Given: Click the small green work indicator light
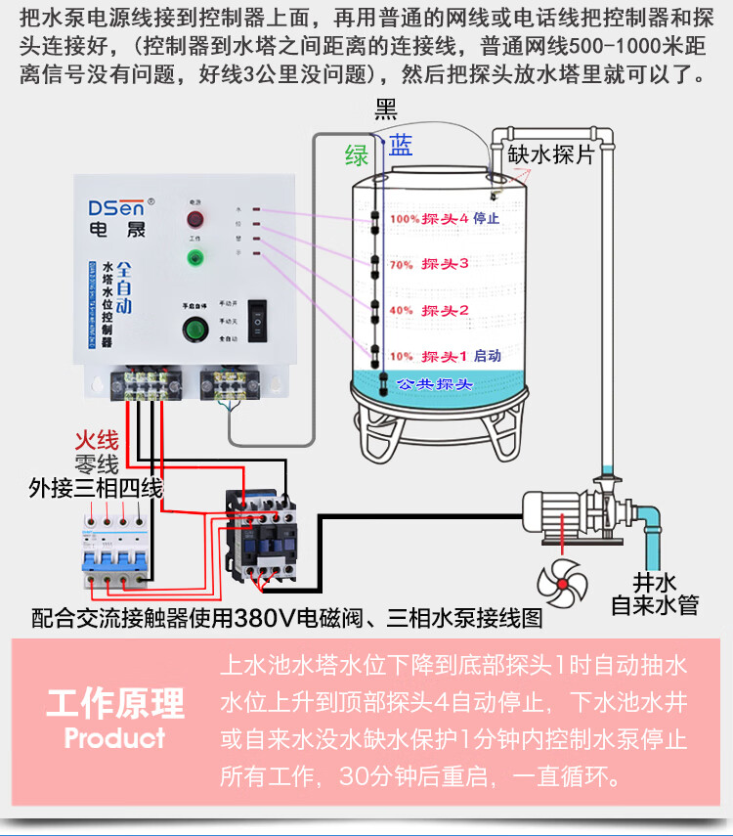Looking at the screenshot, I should (195, 258).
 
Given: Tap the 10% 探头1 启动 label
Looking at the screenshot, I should (445, 356).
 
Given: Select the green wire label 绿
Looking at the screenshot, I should (358, 154).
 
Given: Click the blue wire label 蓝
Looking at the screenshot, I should (401, 145).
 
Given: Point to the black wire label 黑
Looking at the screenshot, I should (387, 110).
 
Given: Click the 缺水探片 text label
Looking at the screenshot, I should (550, 154).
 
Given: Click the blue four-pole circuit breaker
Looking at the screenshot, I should (116, 551).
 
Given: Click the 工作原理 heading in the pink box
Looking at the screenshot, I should (115, 702).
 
